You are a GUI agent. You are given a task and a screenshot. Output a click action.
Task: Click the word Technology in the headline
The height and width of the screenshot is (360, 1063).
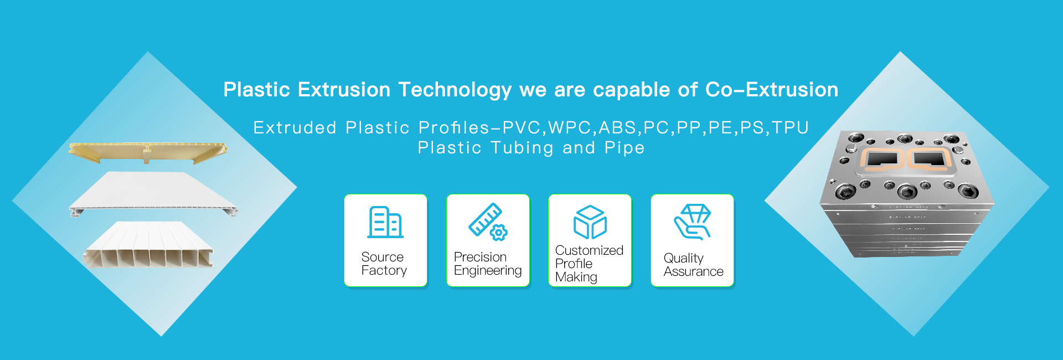tap(455, 90)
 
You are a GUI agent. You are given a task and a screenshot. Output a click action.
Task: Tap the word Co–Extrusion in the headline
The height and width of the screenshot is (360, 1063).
tap(771, 90)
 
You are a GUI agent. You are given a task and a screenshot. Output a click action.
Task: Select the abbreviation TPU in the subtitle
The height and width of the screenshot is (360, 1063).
tap(790, 128)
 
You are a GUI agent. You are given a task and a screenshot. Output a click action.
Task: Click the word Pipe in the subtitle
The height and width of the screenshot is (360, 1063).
tap(625, 148)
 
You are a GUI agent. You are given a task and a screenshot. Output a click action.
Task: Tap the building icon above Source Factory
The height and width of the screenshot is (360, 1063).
tap(385, 222)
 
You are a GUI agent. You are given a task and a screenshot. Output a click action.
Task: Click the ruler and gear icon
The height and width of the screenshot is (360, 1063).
tap(488, 222)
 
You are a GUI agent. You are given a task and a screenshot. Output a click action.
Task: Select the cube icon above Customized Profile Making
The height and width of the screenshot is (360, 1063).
tap(590, 222)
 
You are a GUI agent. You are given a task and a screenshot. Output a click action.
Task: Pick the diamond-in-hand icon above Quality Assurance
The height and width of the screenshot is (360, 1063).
tap(692, 222)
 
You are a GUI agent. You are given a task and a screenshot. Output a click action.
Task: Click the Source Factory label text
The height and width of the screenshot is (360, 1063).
tap(384, 264)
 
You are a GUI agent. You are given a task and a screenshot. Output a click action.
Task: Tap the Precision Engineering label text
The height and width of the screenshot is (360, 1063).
tap(487, 264)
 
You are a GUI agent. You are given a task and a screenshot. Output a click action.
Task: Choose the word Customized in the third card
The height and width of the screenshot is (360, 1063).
tap(589, 250)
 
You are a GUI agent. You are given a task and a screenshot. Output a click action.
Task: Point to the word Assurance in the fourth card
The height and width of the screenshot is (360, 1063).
tap(693, 271)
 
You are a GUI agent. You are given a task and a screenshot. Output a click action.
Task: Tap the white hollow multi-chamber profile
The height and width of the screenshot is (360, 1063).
tap(148, 246)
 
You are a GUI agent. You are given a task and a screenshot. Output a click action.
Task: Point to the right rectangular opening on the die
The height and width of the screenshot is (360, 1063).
tap(930, 159)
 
